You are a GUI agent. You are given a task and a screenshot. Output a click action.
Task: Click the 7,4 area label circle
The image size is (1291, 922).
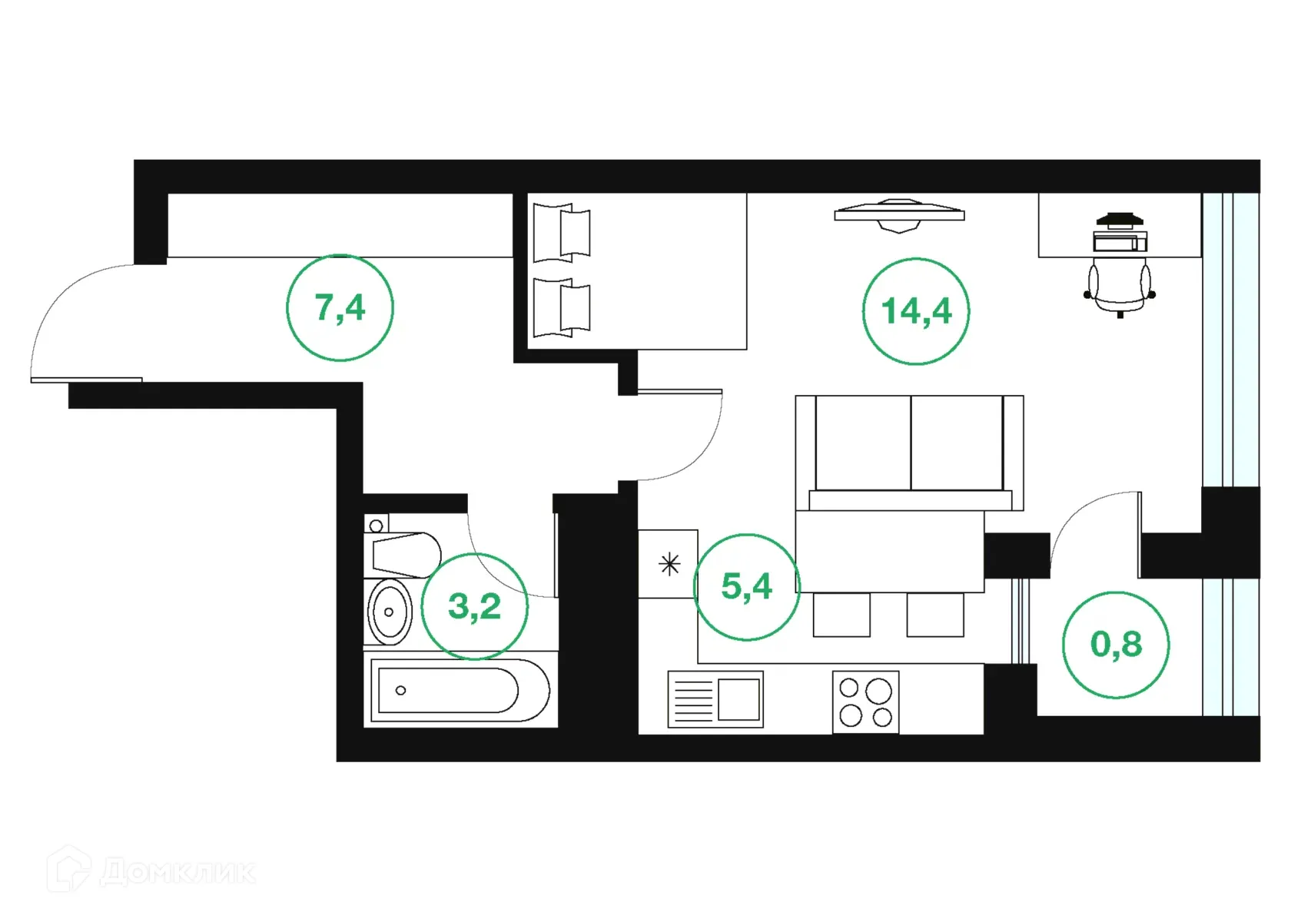pos(340,307)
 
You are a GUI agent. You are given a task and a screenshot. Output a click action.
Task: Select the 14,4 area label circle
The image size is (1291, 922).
pos(915,311)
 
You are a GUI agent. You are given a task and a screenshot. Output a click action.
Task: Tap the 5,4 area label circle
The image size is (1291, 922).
pos(746,587)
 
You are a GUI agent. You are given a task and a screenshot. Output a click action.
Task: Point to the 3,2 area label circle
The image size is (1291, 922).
pos(474,606)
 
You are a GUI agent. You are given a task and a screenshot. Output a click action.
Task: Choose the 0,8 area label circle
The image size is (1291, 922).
pos(1116,645)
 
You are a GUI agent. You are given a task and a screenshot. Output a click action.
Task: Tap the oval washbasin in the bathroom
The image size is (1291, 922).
pos(390,612)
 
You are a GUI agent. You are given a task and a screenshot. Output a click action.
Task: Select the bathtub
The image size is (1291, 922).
pos(459,690)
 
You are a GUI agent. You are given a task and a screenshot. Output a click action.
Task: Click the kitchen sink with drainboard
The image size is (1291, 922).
pos(715,699)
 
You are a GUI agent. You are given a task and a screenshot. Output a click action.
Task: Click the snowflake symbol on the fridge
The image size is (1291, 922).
pos(669,565)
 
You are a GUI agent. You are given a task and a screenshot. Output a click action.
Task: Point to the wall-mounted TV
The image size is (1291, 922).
pos(899,214)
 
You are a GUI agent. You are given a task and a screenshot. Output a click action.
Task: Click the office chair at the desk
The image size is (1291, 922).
pos(1119,288)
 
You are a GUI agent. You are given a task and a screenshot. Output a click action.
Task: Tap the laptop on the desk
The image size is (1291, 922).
pos(1120,241)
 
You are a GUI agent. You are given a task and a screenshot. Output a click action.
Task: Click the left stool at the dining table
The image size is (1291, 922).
pos(841,614)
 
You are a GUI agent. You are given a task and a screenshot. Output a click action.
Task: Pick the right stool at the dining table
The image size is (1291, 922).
pos(934,614)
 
